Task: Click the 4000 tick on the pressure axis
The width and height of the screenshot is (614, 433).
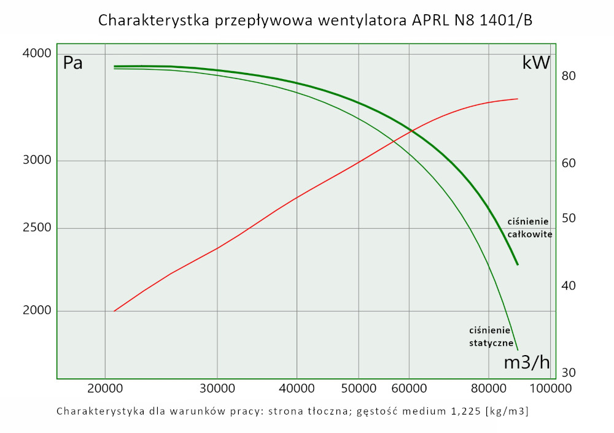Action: pos(36,54)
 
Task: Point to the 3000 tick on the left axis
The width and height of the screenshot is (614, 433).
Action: pos(36,161)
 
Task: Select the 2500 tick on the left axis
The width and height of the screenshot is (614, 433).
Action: pos(36,229)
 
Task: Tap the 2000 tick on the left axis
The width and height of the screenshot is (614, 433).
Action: pos(36,311)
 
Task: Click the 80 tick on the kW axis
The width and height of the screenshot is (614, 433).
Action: pos(568,76)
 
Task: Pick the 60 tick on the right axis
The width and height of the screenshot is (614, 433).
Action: pos(568,163)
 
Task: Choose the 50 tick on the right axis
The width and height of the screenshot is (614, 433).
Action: pos(568,218)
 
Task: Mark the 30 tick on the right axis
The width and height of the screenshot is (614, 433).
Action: pos(568,372)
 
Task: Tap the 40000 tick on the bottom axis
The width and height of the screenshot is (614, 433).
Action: pos(297,388)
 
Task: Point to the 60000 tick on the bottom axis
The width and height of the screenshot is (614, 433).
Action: pos(409,388)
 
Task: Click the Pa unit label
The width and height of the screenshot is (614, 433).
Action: pos(73,63)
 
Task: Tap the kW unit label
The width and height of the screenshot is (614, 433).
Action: pos(535,63)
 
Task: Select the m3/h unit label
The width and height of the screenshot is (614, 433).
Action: pos(526,362)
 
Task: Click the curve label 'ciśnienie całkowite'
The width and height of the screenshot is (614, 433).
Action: pos(530,228)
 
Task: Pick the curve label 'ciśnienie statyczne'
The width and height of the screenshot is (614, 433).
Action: pos(491,336)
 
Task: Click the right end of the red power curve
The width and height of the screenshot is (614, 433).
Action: pos(518,99)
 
